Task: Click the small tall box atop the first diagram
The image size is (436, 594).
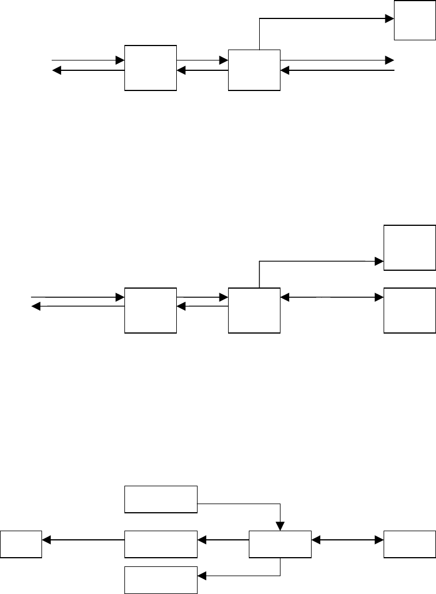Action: pyautogui.click(x=414, y=20)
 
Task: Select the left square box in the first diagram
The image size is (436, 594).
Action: pyautogui.click(x=150, y=67)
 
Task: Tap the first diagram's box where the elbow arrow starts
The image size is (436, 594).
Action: pyautogui.click(x=254, y=70)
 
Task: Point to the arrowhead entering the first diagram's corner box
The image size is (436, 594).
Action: pyautogui.click(x=390, y=18)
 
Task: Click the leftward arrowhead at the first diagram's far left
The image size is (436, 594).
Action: pyautogui.click(x=56, y=71)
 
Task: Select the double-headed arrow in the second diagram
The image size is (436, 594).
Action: pyautogui.click(x=332, y=297)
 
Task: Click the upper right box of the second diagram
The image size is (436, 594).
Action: pyautogui.click(x=410, y=247)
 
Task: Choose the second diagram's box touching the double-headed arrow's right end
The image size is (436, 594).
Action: pyautogui.click(x=410, y=311)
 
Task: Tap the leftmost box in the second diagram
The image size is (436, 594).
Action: pyautogui.click(x=150, y=311)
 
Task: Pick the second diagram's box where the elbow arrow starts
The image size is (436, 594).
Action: pyautogui.click(x=254, y=311)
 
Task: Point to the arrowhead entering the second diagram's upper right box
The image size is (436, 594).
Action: pyautogui.click(x=380, y=262)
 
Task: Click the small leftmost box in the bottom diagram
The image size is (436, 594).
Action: pyautogui.click(x=21, y=544)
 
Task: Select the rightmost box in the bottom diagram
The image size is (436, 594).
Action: pyautogui.click(x=410, y=544)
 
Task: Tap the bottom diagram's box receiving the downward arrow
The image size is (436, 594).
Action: pyautogui.click(x=280, y=544)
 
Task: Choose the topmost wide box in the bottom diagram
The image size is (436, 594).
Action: pyautogui.click(x=161, y=499)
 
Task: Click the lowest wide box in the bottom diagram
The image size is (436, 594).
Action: pyautogui.click(x=161, y=580)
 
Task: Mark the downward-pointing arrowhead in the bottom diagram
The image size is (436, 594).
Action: pyautogui.click(x=280, y=526)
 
